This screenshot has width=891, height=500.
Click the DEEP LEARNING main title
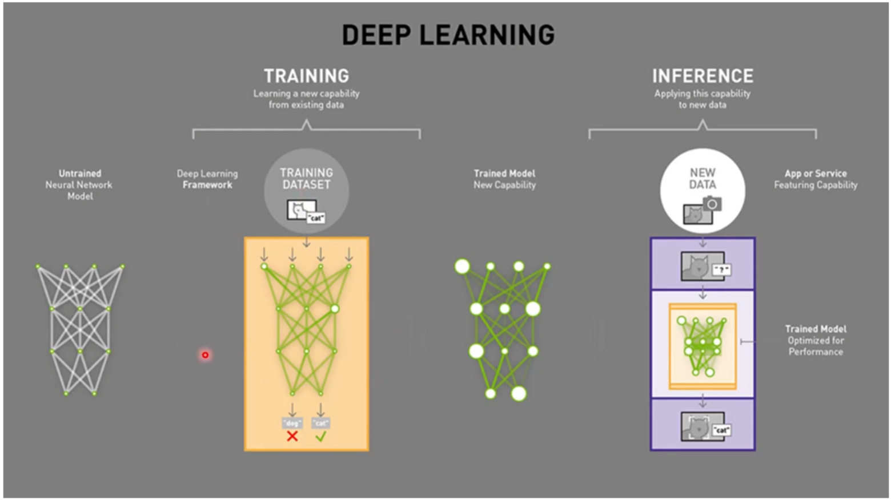click(448, 35)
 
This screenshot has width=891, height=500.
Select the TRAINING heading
click(306, 76)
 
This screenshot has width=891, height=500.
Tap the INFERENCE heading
click(703, 76)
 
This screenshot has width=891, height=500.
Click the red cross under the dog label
click(292, 436)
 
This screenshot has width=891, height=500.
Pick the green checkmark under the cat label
click(320, 436)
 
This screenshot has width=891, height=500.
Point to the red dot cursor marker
click(205, 355)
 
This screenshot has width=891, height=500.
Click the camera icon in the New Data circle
click(712, 204)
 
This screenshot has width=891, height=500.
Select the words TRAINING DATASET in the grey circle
click(306, 179)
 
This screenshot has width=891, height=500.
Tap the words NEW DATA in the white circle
click(703, 179)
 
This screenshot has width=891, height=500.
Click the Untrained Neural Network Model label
click(79, 185)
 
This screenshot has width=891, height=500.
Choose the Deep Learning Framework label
click(207, 179)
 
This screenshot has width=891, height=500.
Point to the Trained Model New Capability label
click(504, 179)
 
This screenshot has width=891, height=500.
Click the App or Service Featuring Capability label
click(815, 179)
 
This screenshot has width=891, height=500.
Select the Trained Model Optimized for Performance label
click(815, 340)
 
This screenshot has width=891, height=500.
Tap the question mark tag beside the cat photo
click(721, 269)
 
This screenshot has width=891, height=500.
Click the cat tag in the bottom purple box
click(721, 430)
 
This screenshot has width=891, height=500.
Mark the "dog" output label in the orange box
click(292, 423)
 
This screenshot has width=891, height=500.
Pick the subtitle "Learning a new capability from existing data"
click(306, 99)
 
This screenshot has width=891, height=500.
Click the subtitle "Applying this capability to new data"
click(703, 99)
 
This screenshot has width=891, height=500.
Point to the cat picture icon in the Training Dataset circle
click(300, 210)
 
